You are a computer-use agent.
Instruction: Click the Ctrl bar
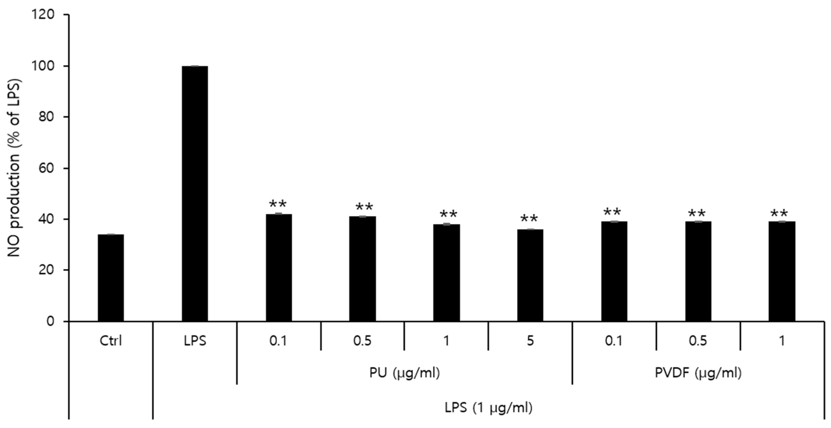[111, 278]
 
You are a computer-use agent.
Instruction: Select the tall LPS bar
[195, 194]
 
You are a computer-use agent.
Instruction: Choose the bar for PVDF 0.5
[698, 271]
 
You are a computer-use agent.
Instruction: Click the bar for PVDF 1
[782, 271]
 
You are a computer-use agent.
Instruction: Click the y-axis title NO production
[14, 168]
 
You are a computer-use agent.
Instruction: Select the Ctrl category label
[111, 341]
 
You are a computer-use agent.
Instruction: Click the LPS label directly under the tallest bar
[195, 341]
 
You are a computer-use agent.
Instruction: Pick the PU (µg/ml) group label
[404, 373]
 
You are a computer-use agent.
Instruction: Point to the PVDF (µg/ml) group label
[698, 373]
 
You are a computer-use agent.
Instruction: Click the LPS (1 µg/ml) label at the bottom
[488, 408]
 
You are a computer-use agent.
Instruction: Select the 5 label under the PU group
[530, 341]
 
